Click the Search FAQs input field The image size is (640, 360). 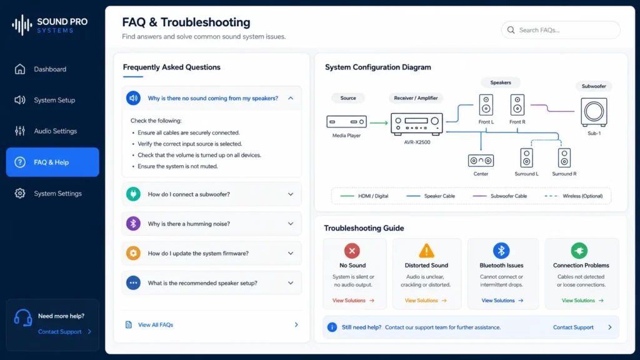tap(561, 30)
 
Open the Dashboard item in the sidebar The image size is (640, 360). tap(50, 69)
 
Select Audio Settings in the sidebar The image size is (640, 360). tap(55, 131)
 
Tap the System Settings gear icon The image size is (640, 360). tap(19, 194)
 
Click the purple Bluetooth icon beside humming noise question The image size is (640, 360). tap(133, 224)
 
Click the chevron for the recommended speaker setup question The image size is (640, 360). tap(291, 283)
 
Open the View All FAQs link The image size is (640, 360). tap(156, 325)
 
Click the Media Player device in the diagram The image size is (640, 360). tap(346, 122)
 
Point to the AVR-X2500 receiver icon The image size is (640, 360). tap(417, 124)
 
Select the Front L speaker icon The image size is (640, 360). tap(486, 105)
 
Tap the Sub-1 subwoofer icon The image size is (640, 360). tap(594, 112)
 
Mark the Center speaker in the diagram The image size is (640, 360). tap(481, 161)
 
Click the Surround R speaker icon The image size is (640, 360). tap(564, 158)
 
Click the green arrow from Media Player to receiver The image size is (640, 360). tap(379, 122)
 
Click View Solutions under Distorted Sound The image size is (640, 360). tap(426, 301)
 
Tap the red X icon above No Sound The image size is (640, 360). tap(352, 251)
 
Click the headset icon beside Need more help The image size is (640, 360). tap(23, 317)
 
